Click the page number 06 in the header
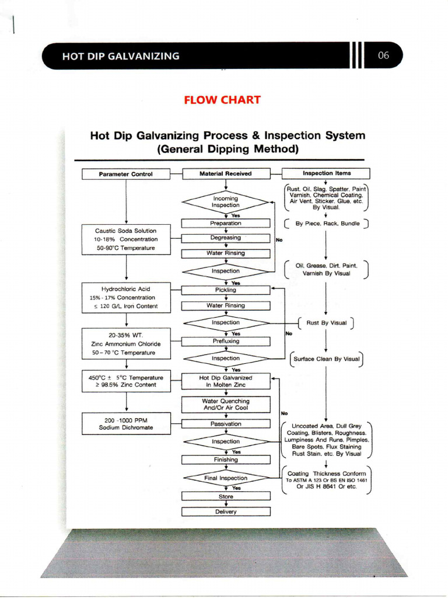(383, 57)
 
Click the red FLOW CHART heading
(222, 100)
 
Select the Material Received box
(226, 173)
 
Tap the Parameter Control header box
(125, 174)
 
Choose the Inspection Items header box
(325, 173)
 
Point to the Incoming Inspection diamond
(226, 202)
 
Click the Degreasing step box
(226, 238)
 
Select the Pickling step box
(226, 290)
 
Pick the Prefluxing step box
(226, 340)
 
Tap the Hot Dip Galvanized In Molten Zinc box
(226, 381)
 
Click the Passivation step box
(226, 424)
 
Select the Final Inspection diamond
(226, 478)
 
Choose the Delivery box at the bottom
(226, 512)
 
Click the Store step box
(226, 496)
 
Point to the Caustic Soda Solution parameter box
(126, 239)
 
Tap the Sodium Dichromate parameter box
(126, 424)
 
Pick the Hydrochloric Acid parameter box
(126, 297)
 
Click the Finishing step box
(226, 460)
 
